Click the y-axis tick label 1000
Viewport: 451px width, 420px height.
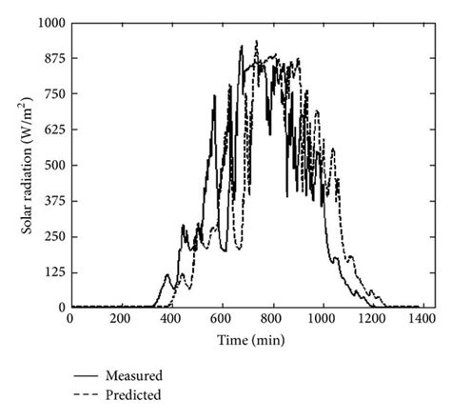(x=49, y=21)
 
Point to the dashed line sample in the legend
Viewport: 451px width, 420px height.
(x=88, y=393)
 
